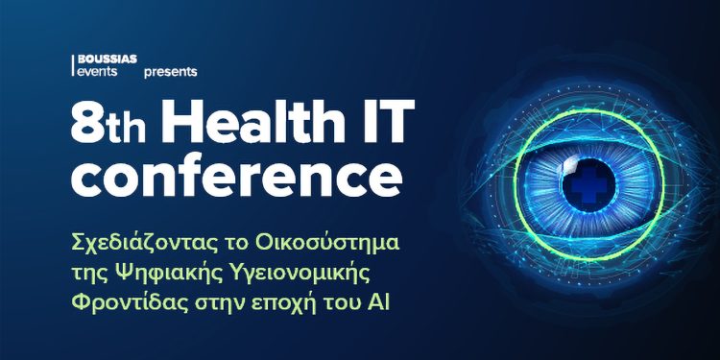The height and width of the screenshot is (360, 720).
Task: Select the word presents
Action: (170, 72)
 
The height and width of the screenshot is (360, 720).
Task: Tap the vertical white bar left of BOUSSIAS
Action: (75, 65)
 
